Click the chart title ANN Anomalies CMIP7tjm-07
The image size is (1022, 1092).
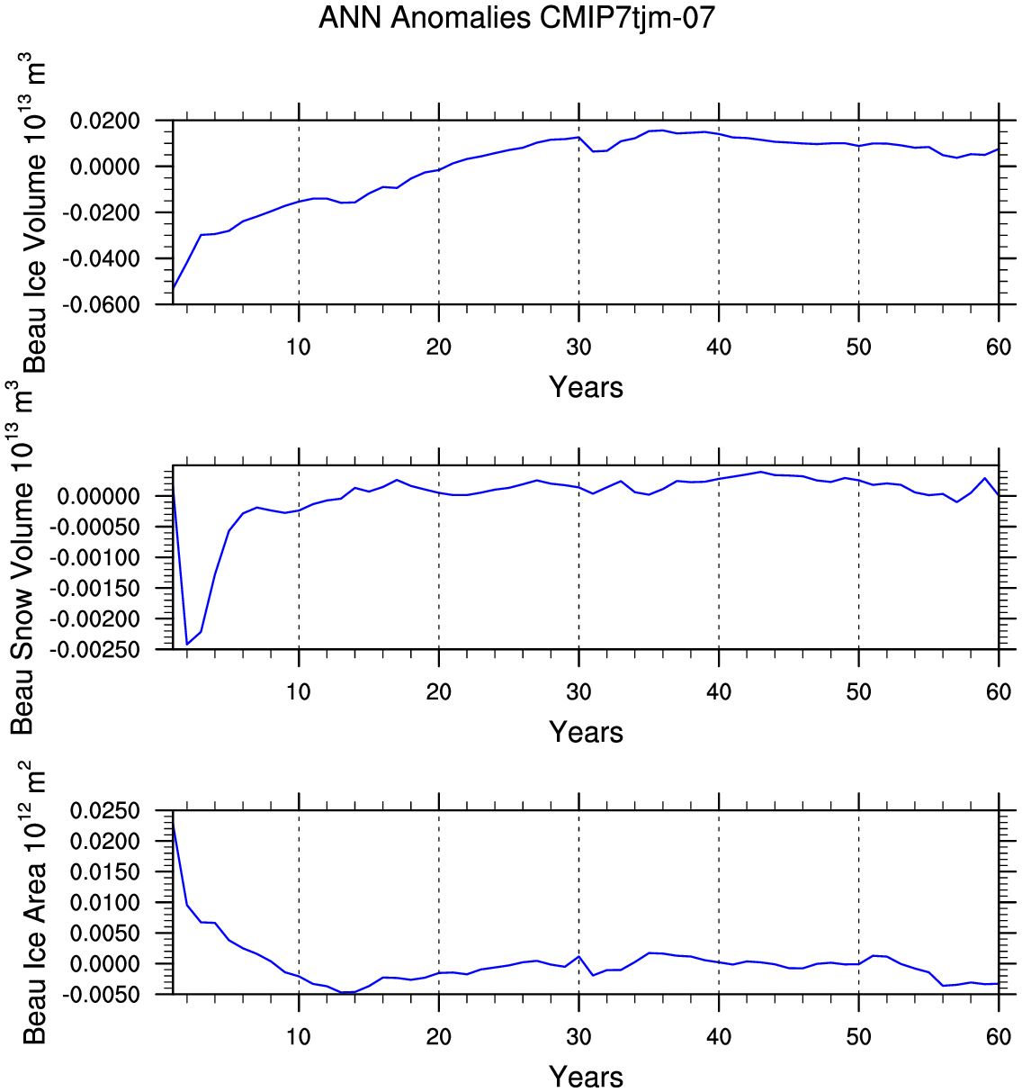click(x=516, y=18)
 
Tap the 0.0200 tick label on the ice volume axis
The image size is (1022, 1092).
click(x=105, y=121)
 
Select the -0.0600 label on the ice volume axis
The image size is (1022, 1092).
click(x=101, y=304)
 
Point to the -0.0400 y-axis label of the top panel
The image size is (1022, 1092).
click(x=101, y=258)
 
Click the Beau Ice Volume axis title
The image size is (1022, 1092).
click(x=34, y=212)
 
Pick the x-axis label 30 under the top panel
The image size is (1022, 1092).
click(x=578, y=347)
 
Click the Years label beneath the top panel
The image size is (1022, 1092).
click(x=586, y=387)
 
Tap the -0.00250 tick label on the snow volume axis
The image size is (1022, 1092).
click(x=94, y=649)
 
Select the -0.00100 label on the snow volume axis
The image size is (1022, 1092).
click(x=94, y=557)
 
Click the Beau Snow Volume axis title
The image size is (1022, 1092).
click(x=22, y=558)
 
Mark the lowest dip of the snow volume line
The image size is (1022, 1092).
click(x=187, y=644)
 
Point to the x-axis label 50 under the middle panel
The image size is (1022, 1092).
click(x=859, y=691)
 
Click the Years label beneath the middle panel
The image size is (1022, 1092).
click(x=586, y=732)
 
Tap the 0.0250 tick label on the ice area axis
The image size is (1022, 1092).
click(x=105, y=810)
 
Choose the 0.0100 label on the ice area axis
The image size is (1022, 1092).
click(x=105, y=902)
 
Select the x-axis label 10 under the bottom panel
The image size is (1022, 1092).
click(x=299, y=1036)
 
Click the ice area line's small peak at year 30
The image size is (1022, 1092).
click(x=578, y=956)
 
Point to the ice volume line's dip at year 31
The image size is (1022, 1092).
click(x=593, y=151)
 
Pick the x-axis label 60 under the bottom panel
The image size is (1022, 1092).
click(x=999, y=1036)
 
